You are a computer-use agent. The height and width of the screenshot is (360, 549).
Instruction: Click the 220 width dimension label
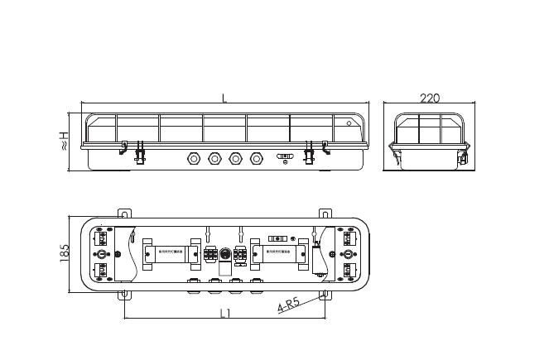(x=430, y=98)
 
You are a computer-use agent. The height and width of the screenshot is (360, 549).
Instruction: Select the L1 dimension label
(x=224, y=313)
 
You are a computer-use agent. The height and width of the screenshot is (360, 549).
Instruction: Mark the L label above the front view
(x=224, y=98)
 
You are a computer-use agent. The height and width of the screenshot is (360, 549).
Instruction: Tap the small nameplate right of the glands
(x=285, y=155)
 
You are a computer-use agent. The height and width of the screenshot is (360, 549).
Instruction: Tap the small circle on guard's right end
(x=349, y=124)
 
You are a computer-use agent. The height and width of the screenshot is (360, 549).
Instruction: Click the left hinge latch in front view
(x=139, y=151)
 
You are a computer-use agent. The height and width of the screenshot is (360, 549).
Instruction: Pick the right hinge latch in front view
(x=311, y=151)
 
